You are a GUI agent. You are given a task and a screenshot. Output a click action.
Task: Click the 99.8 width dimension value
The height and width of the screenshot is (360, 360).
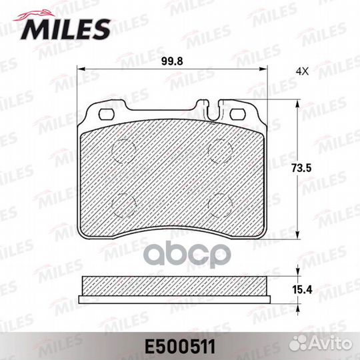click(x=172, y=61)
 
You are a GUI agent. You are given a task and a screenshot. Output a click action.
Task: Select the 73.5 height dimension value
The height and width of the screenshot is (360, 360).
click(x=301, y=168)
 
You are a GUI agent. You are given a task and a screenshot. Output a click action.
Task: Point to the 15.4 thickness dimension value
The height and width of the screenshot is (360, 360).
click(x=302, y=289)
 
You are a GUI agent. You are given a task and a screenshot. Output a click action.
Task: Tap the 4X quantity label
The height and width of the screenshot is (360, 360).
click(x=302, y=71)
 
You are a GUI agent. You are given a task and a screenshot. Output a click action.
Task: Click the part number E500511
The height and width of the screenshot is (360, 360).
click(x=180, y=347)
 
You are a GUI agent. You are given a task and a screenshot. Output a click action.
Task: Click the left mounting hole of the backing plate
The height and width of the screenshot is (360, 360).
click(x=106, y=114)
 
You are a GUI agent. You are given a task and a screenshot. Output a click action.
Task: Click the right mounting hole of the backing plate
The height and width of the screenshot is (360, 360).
click(x=238, y=114)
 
